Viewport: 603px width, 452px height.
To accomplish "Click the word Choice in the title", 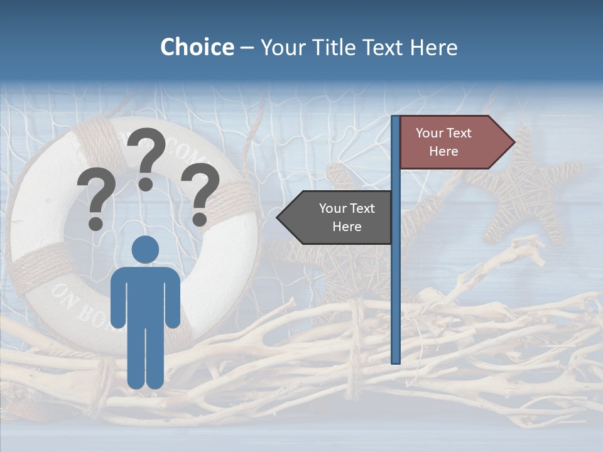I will click(197, 47).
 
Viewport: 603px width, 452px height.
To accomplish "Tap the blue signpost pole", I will click(396, 282).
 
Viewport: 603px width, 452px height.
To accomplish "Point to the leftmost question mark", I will click(95, 200).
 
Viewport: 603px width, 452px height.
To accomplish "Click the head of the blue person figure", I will click(145, 249).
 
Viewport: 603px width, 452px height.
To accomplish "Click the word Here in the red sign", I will click(443, 151).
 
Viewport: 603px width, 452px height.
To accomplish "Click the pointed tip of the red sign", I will click(513, 143).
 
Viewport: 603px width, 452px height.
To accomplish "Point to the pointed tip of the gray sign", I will click(279, 217).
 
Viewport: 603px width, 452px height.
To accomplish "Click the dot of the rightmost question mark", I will click(200, 220).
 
